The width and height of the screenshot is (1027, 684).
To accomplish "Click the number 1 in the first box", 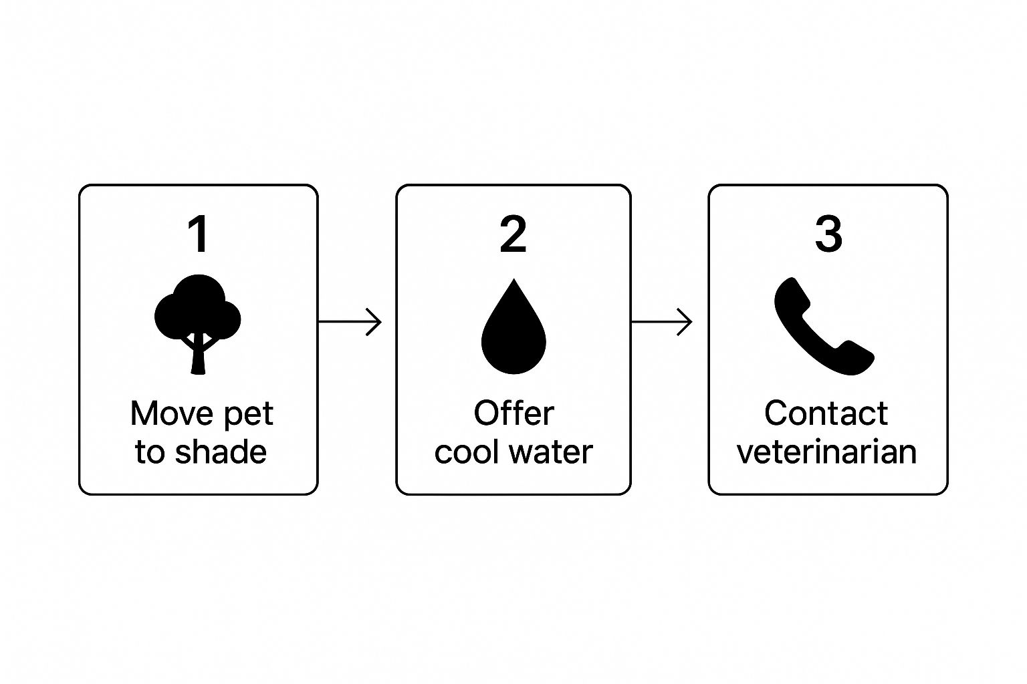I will (x=199, y=234).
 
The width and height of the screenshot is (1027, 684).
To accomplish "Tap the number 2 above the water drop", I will (x=513, y=234).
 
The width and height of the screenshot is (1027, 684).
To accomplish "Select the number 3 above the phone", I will (x=828, y=234).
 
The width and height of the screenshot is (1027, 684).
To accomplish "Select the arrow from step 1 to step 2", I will (x=350, y=322).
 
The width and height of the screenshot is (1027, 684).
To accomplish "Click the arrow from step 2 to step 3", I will (x=662, y=322).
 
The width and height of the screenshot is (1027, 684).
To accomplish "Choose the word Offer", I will (x=513, y=413).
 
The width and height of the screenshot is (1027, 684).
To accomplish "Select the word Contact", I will (x=826, y=413).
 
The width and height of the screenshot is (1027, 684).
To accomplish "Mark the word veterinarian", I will (x=826, y=452).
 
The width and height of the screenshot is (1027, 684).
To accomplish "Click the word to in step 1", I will (x=149, y=452).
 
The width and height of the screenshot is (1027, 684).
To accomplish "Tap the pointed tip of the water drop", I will (x=513, y=281).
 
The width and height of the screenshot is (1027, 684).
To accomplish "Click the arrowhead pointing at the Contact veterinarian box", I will (x=687, y=322).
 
